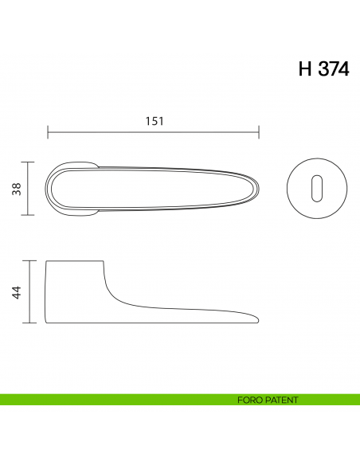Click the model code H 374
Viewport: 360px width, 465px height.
click(323, 68)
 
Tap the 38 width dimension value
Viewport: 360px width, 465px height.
click(16, 189)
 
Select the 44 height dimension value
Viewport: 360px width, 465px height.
click(16, 291)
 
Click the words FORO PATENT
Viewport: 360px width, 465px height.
click(268, 400)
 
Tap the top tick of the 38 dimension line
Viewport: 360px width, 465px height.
click(29, 162)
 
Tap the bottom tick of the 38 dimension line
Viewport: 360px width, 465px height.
click(29, 216)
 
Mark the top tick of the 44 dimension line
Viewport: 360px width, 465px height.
click(29, 260)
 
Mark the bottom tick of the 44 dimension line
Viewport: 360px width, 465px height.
click(29, 322)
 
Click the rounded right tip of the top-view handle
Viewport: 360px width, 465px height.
click(258, 189)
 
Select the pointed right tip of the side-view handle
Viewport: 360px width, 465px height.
click(258, 318)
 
